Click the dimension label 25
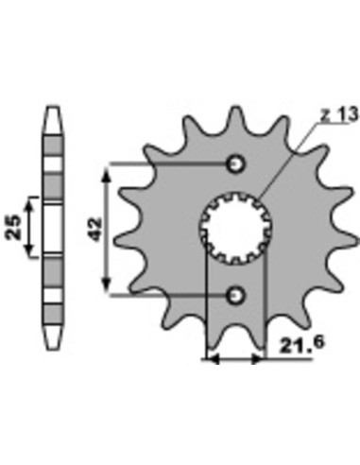tap(13, 227)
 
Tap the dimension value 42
tap(94, 229)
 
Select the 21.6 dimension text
tap(302, 345)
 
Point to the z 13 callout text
tap(339, 114)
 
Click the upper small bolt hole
tap(235, 164)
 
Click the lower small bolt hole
tap(235, 295)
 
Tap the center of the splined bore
tap(235, 229)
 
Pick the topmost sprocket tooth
tap(236, 118)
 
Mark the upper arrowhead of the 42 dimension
tap(108, 174)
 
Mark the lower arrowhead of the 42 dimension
tap(108, 284)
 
